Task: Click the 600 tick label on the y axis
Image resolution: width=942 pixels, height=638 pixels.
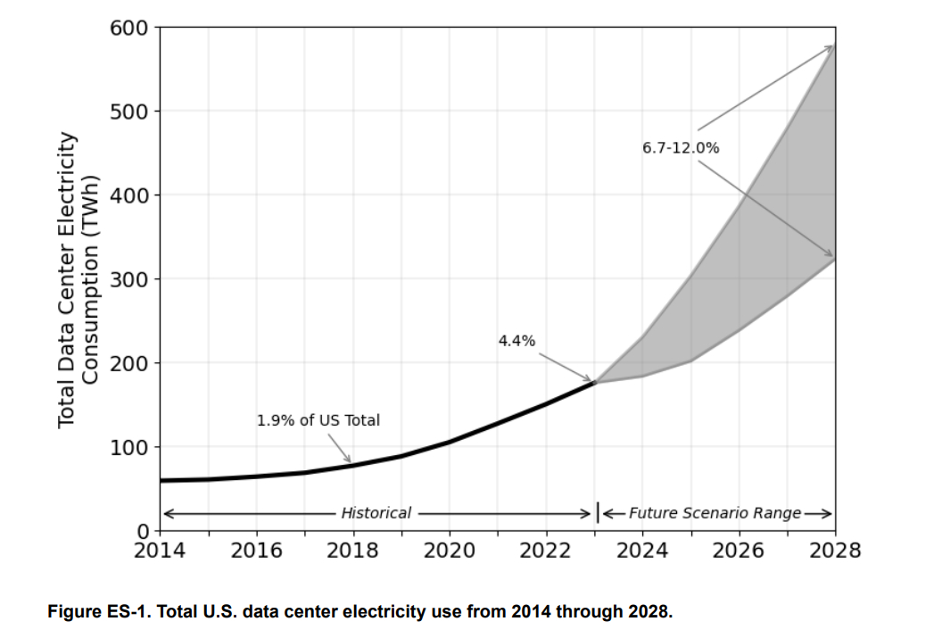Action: tap(130, 28)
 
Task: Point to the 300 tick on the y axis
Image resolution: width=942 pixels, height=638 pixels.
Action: tap(130, 279)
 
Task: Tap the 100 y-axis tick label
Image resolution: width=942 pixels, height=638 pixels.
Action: tap(130, 447)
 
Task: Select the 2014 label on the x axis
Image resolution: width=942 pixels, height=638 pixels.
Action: tap(160, 550)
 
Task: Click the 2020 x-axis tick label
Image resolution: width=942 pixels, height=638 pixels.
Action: tap(449, 550)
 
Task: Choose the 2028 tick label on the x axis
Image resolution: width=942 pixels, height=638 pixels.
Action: tap(835, 550)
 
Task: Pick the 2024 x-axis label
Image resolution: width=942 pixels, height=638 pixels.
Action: tap(642, 550)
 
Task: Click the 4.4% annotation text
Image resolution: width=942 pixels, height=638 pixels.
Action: tap(516, 340)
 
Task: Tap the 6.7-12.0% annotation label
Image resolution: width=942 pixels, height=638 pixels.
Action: tap(680, 148)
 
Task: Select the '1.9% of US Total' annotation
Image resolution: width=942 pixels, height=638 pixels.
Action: tap(318, 420)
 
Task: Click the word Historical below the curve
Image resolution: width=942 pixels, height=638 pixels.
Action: tap(376, 513)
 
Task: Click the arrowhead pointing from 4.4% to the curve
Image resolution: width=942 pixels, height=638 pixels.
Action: tap(589, 379)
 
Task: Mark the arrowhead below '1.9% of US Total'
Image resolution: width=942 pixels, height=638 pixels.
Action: tap(350, 460)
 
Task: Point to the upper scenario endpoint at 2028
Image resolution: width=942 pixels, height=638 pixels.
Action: tap(834, 46)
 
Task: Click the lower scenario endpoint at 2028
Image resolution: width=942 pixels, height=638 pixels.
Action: tap(834, 259)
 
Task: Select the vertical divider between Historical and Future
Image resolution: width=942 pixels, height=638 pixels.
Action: tap(597, 513)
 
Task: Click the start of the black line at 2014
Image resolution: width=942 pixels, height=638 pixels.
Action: tap(161, 480)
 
